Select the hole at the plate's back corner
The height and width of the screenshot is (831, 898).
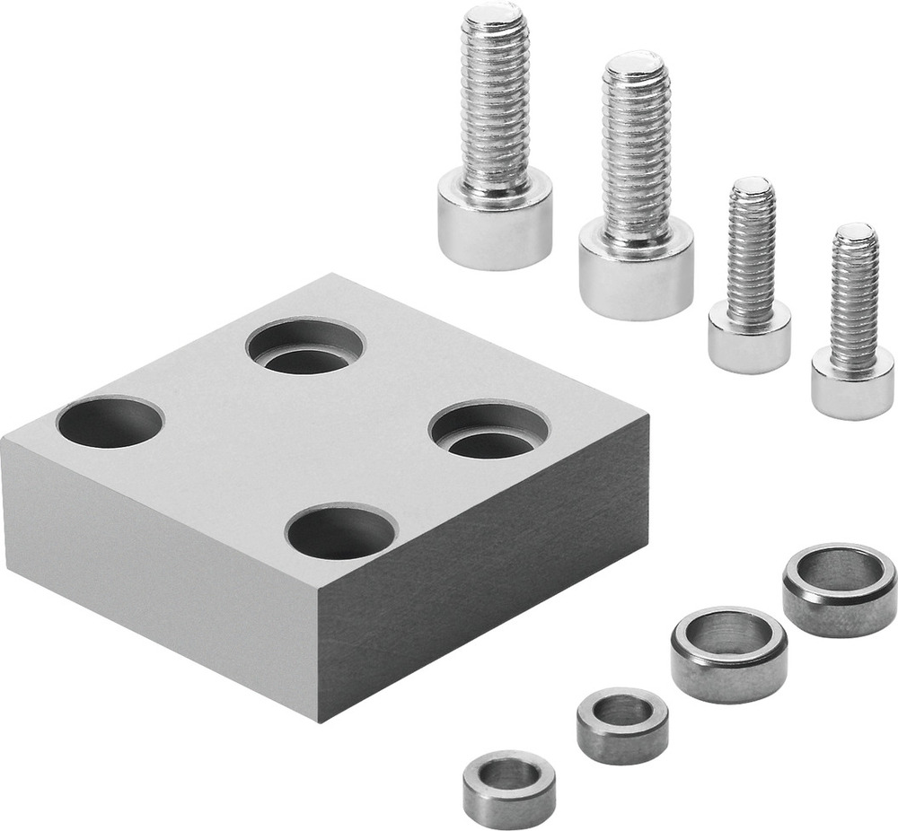[x=305, y=346]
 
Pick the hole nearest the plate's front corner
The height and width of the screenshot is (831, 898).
[x=341, y=531]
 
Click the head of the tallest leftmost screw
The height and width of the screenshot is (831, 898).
[x=494, y=223]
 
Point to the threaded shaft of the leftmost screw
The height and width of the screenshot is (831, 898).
[x=495, y=99]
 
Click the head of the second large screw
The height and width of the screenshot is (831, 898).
[x=636, y=270]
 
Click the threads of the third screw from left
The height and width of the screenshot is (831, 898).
[x=751, y=251]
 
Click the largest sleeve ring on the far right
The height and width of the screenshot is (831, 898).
[x=839, y=589]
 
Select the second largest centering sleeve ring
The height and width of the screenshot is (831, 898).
[x=729, y=654]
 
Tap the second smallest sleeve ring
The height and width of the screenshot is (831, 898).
[x=622, y=725]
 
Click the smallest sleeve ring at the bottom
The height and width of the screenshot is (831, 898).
[x=509, y=788]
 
